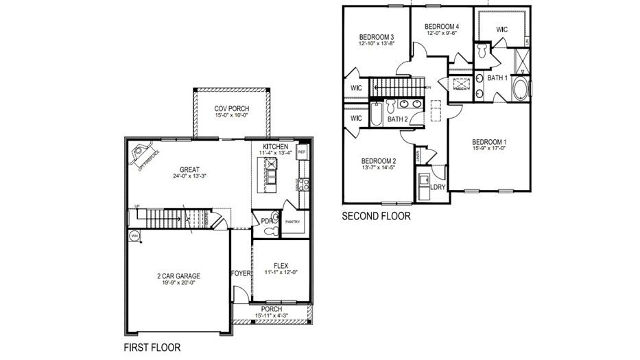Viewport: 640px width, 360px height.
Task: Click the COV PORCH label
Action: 231,109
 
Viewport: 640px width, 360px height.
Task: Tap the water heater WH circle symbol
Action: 134,235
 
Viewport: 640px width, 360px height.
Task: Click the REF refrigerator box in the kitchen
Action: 301,151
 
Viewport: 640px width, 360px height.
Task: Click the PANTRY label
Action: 293,221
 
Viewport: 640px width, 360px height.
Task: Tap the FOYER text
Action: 241,273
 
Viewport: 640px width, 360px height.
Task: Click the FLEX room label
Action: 281,265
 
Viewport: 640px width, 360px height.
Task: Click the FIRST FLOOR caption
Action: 152,348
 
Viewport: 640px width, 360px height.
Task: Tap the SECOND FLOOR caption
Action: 376,216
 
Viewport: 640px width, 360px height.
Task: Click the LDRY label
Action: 437,186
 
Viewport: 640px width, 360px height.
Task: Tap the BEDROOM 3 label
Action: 376,36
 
